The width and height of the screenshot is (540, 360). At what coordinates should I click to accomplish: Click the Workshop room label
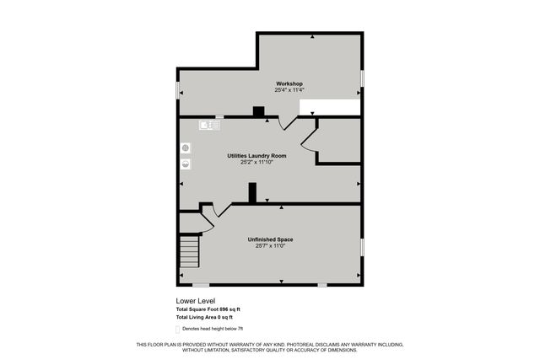(289, 83)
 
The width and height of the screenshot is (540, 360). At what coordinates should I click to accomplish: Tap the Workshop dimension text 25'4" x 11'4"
(289, 90)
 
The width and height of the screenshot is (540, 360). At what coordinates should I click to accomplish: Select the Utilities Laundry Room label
(256, 155)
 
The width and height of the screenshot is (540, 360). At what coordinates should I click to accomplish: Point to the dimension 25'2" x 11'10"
(256, 162)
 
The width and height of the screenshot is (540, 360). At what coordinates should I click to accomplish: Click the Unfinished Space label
(270, 239)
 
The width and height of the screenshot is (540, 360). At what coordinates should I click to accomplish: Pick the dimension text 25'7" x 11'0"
(270, 246)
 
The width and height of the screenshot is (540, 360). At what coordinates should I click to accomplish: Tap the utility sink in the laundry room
(209, 125)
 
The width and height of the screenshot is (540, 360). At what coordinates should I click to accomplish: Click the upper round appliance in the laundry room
(186, 148)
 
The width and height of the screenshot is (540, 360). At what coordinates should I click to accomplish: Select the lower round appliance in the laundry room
(186, 164)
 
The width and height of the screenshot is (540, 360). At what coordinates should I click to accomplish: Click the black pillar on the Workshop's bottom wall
(258, 111)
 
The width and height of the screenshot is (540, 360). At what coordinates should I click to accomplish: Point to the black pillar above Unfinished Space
(251, 193)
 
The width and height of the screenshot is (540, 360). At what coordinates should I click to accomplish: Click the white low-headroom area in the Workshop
(331, 106)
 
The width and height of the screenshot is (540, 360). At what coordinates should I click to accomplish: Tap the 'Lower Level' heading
(195, 301)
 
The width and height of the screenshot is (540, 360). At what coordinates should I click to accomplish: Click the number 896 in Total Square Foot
(224, 309)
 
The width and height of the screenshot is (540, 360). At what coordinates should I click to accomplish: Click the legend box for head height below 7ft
(178, 328)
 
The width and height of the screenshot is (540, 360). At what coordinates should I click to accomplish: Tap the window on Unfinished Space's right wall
(362, 245)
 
